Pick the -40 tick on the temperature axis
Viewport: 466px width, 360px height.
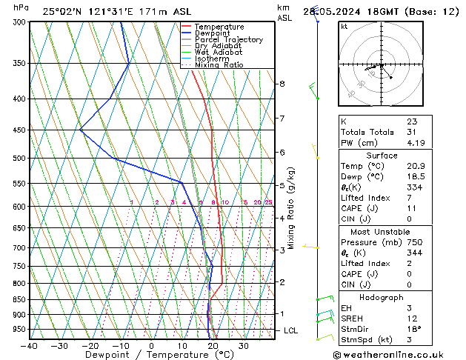30,345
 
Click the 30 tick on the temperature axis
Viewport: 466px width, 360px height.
244,345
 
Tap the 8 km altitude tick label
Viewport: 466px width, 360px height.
282,84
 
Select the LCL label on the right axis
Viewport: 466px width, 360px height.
290,330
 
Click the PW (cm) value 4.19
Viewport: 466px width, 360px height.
415,143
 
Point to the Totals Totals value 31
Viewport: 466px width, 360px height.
411,132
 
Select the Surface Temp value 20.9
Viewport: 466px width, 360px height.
415,167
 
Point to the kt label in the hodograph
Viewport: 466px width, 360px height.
344,26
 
